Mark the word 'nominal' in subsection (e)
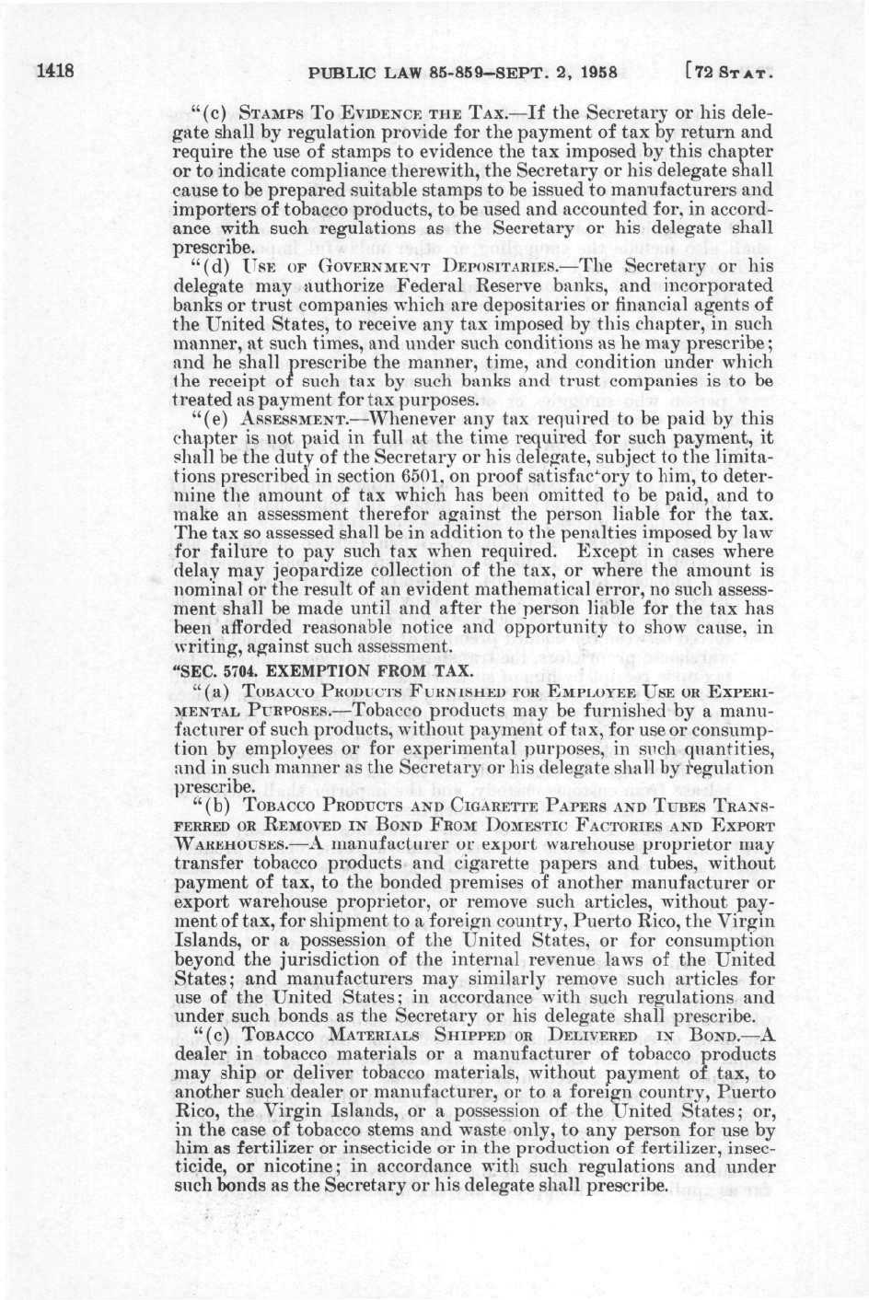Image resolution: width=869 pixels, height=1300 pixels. pos(209,585)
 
